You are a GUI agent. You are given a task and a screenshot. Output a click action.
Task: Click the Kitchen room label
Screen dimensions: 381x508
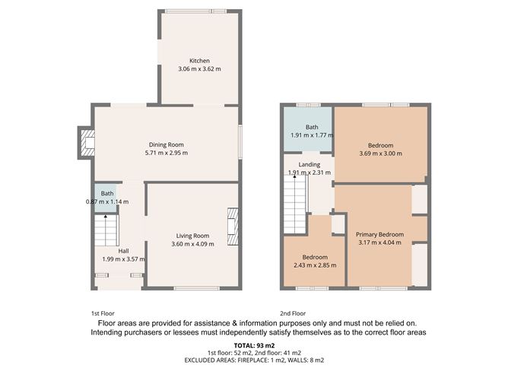[199, 61]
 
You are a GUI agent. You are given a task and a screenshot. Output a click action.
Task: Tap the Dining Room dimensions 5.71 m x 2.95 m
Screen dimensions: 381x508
[166, 153]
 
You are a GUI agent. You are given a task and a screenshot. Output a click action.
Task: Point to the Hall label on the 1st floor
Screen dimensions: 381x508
[122, 250]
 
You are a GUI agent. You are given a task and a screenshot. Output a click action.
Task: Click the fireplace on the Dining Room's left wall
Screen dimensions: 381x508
[87, 144]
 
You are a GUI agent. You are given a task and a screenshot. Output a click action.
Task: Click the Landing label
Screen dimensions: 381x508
[309, 164]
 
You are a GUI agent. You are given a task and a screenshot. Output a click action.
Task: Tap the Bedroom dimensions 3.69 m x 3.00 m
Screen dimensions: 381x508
[380, 154]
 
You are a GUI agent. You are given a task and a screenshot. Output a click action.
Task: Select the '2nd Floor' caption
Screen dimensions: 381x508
[292, 313]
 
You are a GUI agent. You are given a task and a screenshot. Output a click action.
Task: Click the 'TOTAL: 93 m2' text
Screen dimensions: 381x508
[254, 345]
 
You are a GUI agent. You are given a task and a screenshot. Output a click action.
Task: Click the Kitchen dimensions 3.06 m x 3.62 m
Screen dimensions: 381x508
[199, 69]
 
